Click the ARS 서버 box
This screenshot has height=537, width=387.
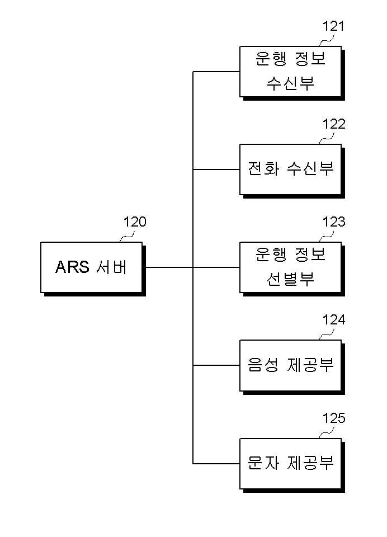92,267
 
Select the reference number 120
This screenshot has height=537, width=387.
135,222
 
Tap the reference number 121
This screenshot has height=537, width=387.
333,26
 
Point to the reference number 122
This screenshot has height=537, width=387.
333,124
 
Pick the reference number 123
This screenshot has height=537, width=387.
333,222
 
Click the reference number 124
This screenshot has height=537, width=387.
333,320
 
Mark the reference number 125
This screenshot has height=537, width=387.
333,418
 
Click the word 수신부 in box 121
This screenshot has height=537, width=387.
290,83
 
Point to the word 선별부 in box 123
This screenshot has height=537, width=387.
290,280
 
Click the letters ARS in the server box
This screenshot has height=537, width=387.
72,267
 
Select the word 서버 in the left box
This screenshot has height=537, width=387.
111,267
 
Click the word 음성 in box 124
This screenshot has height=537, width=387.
263,365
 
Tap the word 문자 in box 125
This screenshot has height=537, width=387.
263,463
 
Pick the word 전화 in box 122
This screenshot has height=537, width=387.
263,169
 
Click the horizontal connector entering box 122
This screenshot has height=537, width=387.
216,169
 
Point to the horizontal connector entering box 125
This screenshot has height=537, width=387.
216,464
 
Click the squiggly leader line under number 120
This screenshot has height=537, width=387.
127,236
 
